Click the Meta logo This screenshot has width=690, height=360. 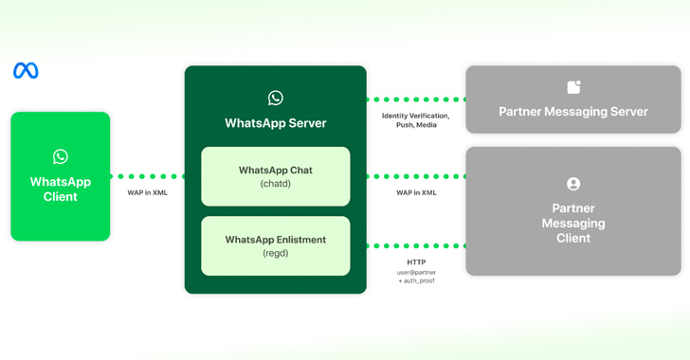pyautogui.click(x=26, y=71)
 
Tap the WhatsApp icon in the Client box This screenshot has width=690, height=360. pyautogui.click(x=61, y=156)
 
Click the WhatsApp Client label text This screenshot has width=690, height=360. pyautogui.click(x=61, y=189)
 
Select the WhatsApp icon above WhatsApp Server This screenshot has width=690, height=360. pyautogui.click(x=275, y=98)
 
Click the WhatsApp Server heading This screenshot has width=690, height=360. pyautogui.click(x=275, y=123)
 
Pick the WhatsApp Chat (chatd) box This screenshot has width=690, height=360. pyautogui.click(x=275, y=176)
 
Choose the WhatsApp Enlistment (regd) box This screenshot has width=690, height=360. pyautogui.click(x=275, y=245)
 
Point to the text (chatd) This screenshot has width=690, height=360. pyautogui.click(x=275, y=184)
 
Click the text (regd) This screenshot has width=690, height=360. pyautogui.click(x=275, y=253)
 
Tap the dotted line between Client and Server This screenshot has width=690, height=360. pyautogui.click(x=147, y=176)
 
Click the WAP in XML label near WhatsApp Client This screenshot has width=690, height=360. pyautogui.click(x=147, y=192)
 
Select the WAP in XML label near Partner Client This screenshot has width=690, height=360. pyautogui.click(x=416, y=192)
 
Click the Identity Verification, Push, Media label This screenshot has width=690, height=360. pyautogui.click(x=416, y=120)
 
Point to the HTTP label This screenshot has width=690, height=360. pyautogui.click(x=416, y=262)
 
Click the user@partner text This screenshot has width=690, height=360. pyautogui.click(x=416, y=273)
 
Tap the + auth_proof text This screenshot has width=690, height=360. pyautogui.click(x=416, y=281)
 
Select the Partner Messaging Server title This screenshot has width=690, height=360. pyautogui.click(x=573, y=112)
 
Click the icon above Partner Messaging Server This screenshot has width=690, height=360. pyautogui.click(x=573, y=87)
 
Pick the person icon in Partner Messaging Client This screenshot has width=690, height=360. pyautogui.click(x=573, y=184)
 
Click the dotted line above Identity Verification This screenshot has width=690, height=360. pyautogui.click(x=416, y=99)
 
